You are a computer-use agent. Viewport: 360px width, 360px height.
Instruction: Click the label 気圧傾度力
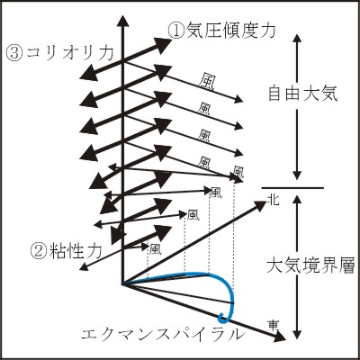(230, 31)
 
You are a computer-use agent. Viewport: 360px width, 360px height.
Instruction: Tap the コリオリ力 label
(70, 53)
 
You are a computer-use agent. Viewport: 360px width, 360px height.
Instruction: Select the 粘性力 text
(76, 250)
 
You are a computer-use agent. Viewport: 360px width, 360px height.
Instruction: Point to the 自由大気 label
(303, 93)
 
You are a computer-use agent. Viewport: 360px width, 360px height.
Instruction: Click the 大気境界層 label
(311, 265)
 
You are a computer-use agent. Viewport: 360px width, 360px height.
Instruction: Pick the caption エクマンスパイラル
(163, 334)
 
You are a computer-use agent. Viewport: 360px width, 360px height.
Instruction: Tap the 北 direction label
(274, 200)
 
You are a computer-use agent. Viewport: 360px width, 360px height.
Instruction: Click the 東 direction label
(274, 326)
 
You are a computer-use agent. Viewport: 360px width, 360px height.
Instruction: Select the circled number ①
(176, 31)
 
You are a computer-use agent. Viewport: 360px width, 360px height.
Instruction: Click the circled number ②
(40, 251)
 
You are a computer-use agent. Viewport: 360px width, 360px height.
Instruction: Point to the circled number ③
(15, 53)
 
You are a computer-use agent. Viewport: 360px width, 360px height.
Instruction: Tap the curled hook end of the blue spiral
(222, 319)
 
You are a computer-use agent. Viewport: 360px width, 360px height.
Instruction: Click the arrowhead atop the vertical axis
(122, 21)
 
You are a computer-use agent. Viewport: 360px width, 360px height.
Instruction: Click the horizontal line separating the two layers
(292, 188)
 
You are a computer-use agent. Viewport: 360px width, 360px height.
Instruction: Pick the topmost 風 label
(207, 83)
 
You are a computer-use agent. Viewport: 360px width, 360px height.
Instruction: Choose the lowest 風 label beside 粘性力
(156, 248)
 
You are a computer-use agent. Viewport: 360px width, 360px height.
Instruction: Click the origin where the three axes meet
(122, 283)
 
